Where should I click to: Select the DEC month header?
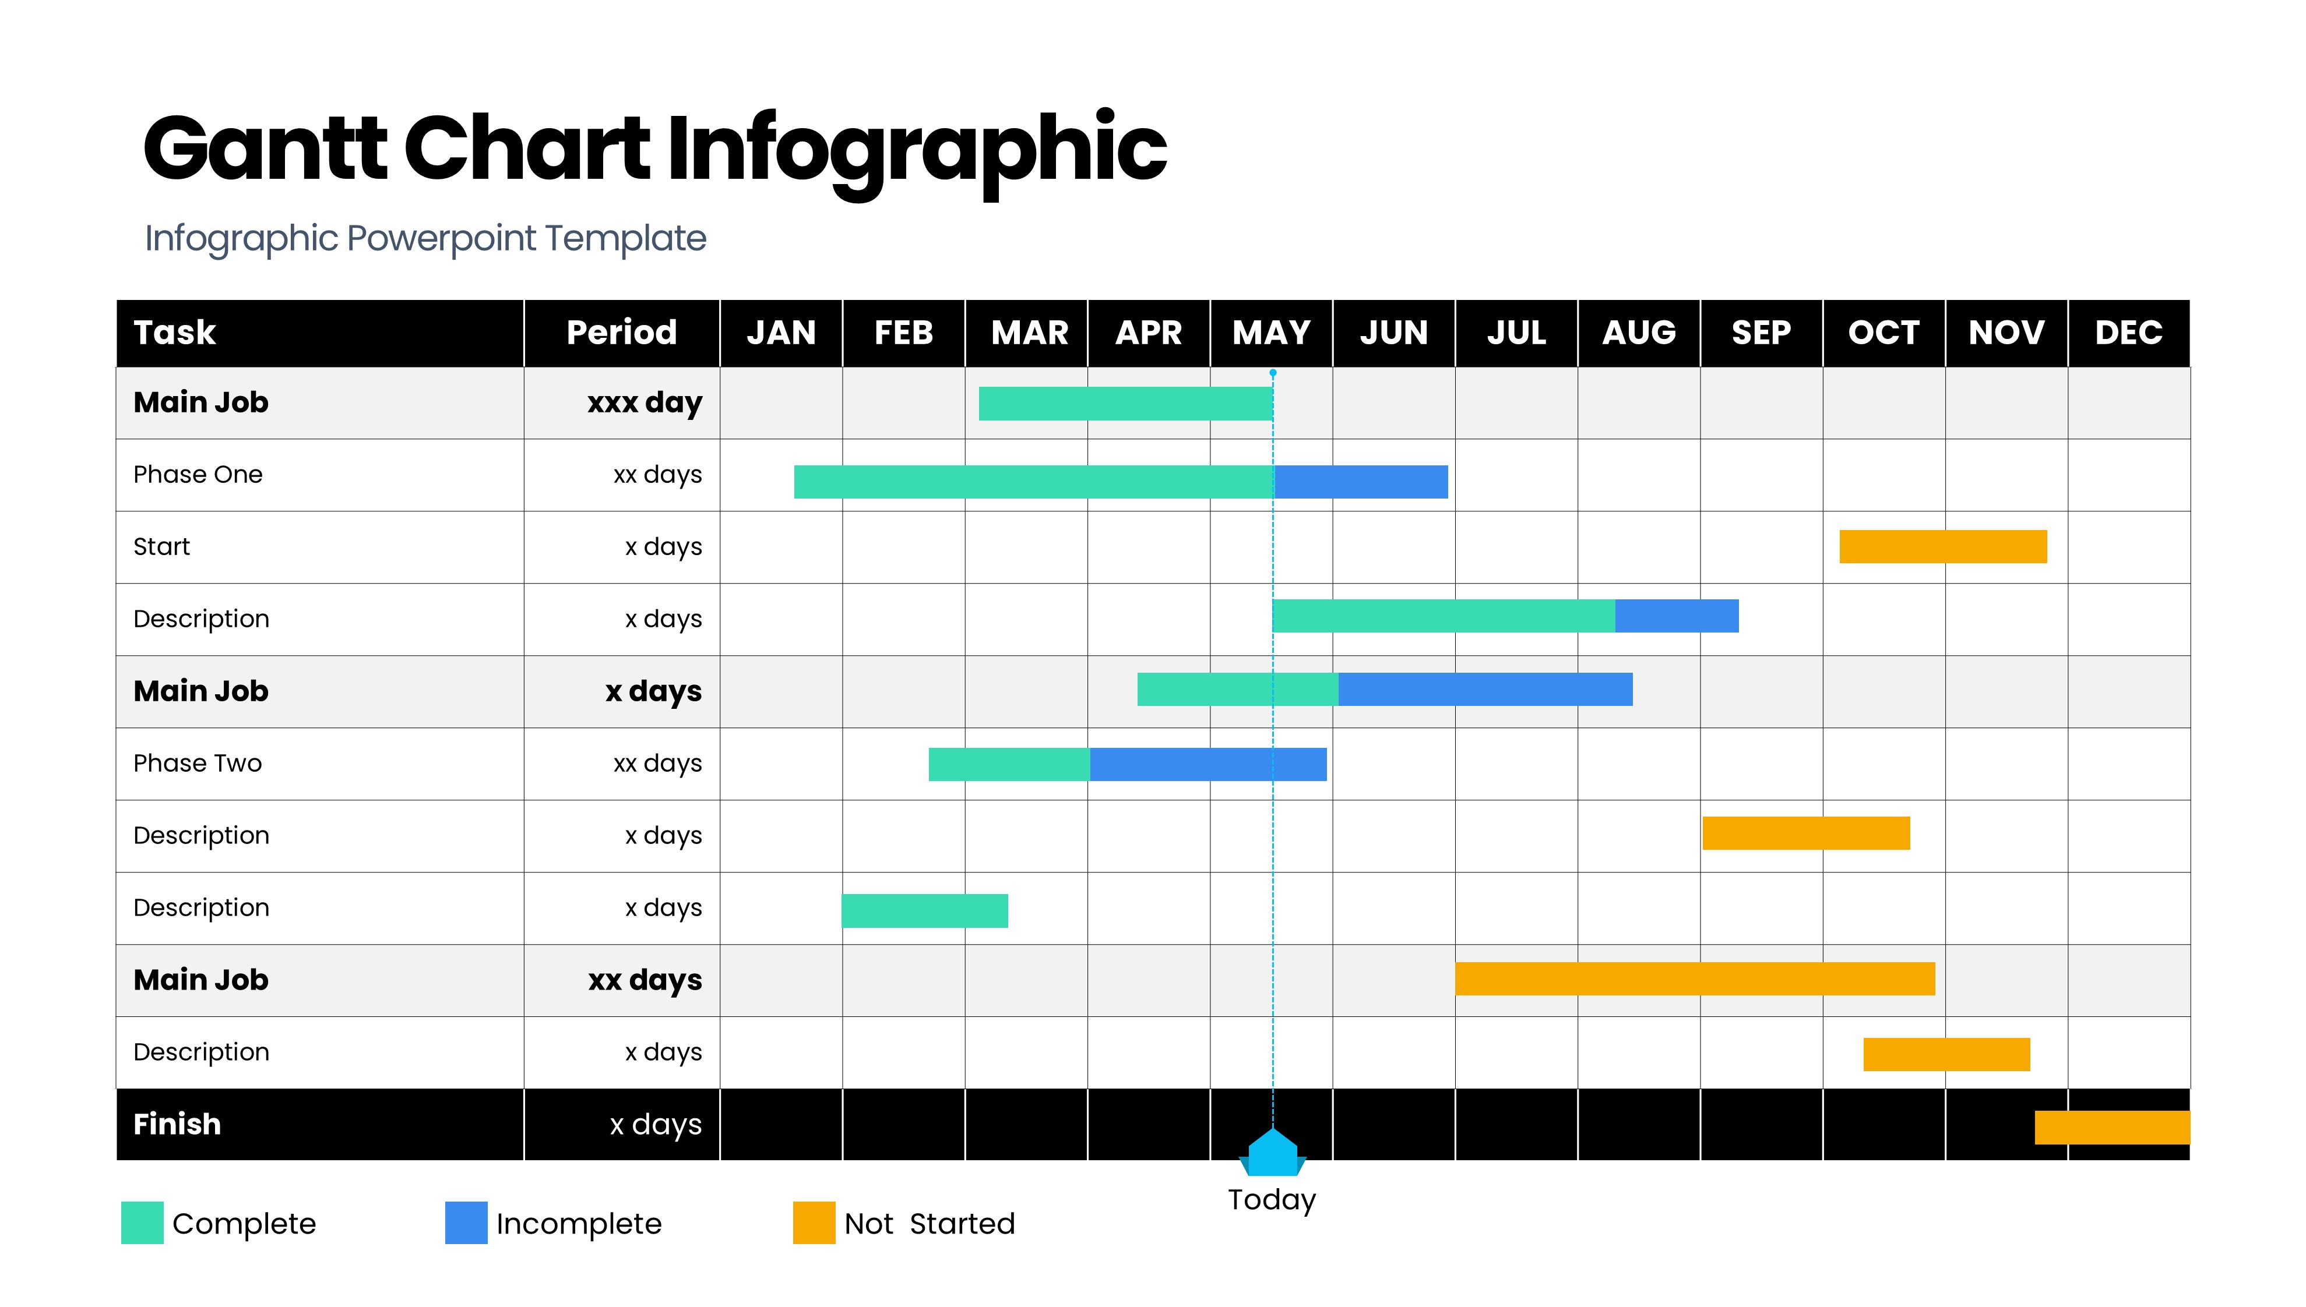coord(2128,333)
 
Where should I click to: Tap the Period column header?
coord(621,333)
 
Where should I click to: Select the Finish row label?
coord(177,1124)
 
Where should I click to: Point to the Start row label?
coord(161,547)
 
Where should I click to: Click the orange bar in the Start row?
coord(1943,547)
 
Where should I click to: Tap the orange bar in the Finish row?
coord(2112,1128)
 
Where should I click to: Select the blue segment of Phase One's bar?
coord(1361,482)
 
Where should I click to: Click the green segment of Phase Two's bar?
coord(1009,765)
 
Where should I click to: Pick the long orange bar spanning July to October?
coord(1695,979)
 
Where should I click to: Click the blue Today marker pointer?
coord(1272,1153)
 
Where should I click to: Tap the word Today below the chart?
coord(1272,1200)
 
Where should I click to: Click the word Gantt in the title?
coord(266,147)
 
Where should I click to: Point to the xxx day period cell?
coord(645,403)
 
